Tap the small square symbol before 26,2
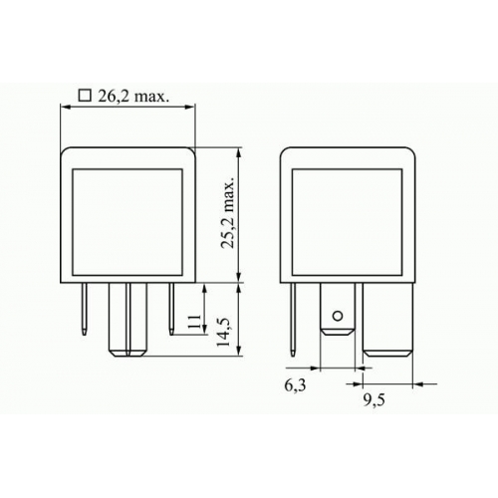coord(85,96)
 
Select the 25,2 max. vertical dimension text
coord(228,213)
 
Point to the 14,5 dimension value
coord(223,333)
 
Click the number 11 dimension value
coord(194,322)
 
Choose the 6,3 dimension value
coord(295,385)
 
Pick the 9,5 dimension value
coord(373,400)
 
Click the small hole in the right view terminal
coord(338,316)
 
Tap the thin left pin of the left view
coord(85,309)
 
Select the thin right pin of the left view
coord(171,309)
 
